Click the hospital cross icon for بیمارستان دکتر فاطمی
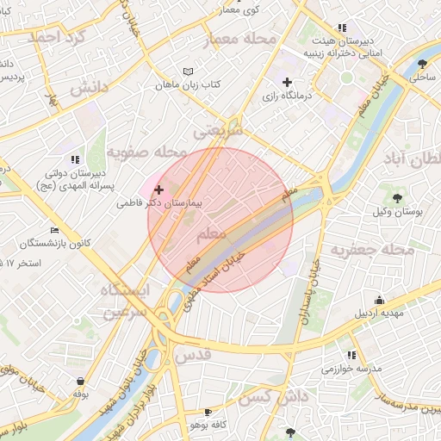click(x=158, y=189)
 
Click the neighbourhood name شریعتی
click(x=219, y=131)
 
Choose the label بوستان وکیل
click(x=389, y=210)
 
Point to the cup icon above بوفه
click(x=80, y=381)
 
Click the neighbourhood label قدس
click(x=192, y=354)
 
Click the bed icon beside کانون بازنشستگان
click(x=55, y=231)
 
